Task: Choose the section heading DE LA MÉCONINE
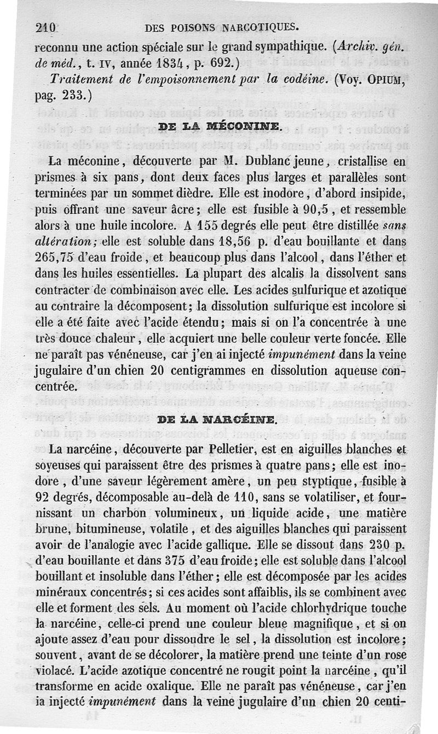[219, 129]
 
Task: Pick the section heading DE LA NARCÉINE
[218, 421]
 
